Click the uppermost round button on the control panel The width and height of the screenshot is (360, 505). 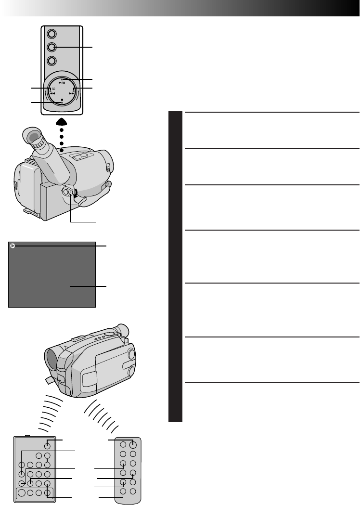click(52, 34)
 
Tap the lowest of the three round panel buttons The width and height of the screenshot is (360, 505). click(52, 61)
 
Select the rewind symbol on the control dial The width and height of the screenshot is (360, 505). click(51, 94)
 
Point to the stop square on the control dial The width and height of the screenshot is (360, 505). click(63, 99)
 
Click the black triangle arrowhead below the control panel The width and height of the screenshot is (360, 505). click(62, 122)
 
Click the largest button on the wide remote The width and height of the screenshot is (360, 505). click(22, 493)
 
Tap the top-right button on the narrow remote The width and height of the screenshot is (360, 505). click(133, 444)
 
